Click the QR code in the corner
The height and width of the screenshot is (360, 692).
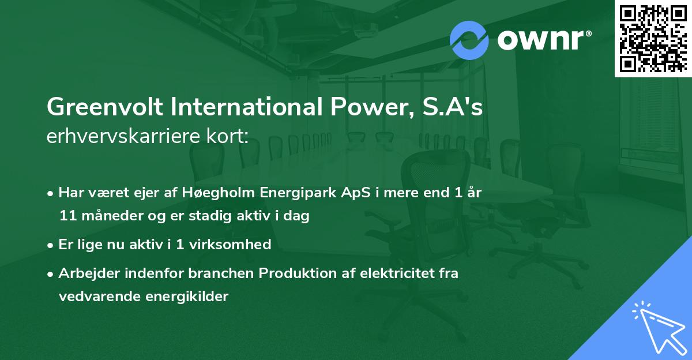(x=653, y=38)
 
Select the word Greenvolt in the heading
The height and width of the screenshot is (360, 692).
(x=96, y=108)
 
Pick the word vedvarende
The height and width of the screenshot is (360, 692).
(x=94, y=297)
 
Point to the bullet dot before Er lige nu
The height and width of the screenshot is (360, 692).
(x=51, y=245)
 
